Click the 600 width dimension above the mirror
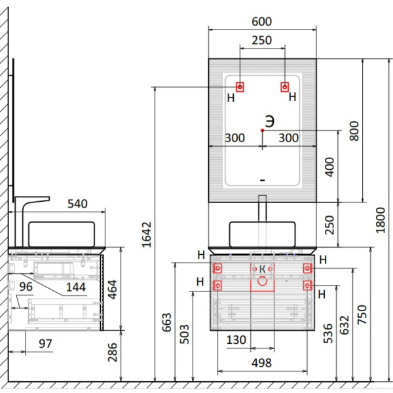tap(261, 22)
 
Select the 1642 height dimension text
tap(147, 234)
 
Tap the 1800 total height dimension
tap(380, 220)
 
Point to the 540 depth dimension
tap(77, 204)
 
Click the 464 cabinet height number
tap(112, 290)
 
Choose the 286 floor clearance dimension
tap(112, 352)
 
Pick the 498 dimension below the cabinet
tap(261, 363)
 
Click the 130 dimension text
tap(236, 340)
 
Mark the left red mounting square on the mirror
tap(240, 87)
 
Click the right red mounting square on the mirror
tap(285, 87)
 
